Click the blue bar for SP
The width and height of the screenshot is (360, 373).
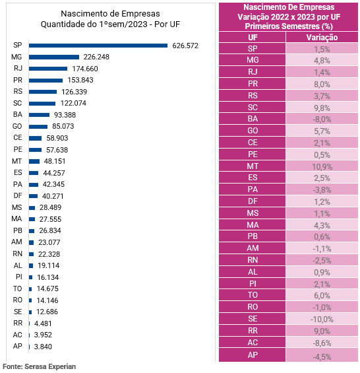[98, 46]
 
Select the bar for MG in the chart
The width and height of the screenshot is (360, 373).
[54, 57]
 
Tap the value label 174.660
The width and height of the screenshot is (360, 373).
[85, 69]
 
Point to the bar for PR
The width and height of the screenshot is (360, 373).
[46, 81]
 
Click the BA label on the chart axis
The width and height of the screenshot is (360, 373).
[18, 114]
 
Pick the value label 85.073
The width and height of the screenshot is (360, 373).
[63, 126]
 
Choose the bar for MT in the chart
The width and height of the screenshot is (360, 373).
[34, 161]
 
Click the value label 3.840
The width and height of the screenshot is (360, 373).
[43, 347]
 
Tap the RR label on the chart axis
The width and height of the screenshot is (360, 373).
[18, 323]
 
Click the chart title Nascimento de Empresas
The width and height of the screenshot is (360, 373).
[110, 14]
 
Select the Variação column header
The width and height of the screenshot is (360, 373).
[322, 38]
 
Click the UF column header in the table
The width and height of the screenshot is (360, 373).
[252, 38]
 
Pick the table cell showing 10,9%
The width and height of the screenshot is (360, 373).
[322, 166]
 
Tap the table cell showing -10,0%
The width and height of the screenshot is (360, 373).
[322, 319]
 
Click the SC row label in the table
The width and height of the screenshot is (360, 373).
[252, 108]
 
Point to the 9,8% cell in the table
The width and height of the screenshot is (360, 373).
[322, 108]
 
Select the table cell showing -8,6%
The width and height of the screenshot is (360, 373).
[322, 343]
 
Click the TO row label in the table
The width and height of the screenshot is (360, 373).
[252, 295]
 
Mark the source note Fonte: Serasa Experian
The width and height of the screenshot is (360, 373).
[39, 366]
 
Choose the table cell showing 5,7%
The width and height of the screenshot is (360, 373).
[322, 131]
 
